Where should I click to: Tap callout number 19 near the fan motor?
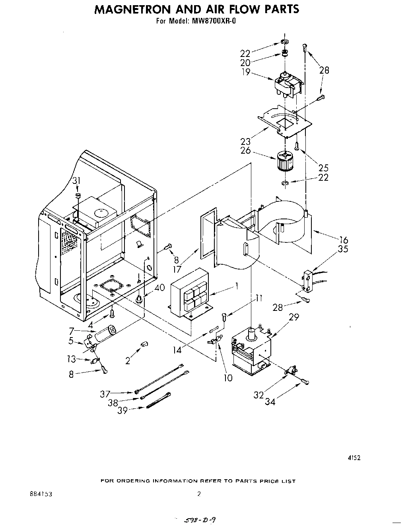coord(245,72)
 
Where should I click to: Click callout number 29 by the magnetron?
coord(294,317)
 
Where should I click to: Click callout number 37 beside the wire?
coord(105,394)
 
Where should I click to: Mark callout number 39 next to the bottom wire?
coord(122,410)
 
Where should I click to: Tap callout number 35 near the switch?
coord(343,250)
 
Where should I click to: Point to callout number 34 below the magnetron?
coord(271,402)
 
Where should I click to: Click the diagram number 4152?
coord(354,458)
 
